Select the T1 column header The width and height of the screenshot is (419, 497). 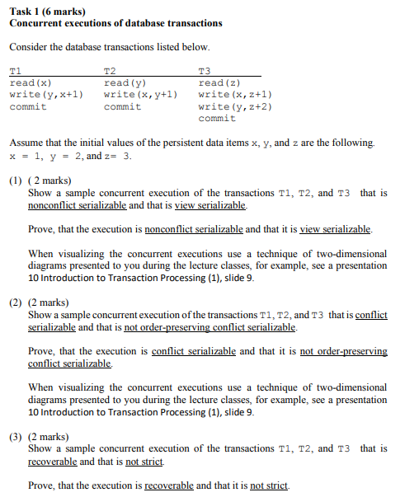click(16, 72)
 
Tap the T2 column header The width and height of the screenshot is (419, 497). click(111, 72)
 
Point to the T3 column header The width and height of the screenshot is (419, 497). click(205, 72)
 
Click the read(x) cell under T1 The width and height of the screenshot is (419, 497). click(31, 83)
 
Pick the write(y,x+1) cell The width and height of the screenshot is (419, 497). click(46, 95)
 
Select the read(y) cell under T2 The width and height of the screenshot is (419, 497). click(125, 83)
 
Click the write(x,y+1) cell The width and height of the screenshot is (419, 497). click(141, 95)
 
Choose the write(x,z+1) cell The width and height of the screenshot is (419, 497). click(235, 95)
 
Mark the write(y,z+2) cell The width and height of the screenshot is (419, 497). click(235, 107)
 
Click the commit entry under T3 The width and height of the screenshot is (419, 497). click(217, 119)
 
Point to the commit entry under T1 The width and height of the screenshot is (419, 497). click(27, 107)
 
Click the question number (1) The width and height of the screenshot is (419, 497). click(16, 181)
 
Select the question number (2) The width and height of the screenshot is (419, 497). click(16, 302)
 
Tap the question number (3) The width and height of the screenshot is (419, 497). click(16, 436)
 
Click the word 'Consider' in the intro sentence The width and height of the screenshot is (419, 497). click(29, 47)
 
